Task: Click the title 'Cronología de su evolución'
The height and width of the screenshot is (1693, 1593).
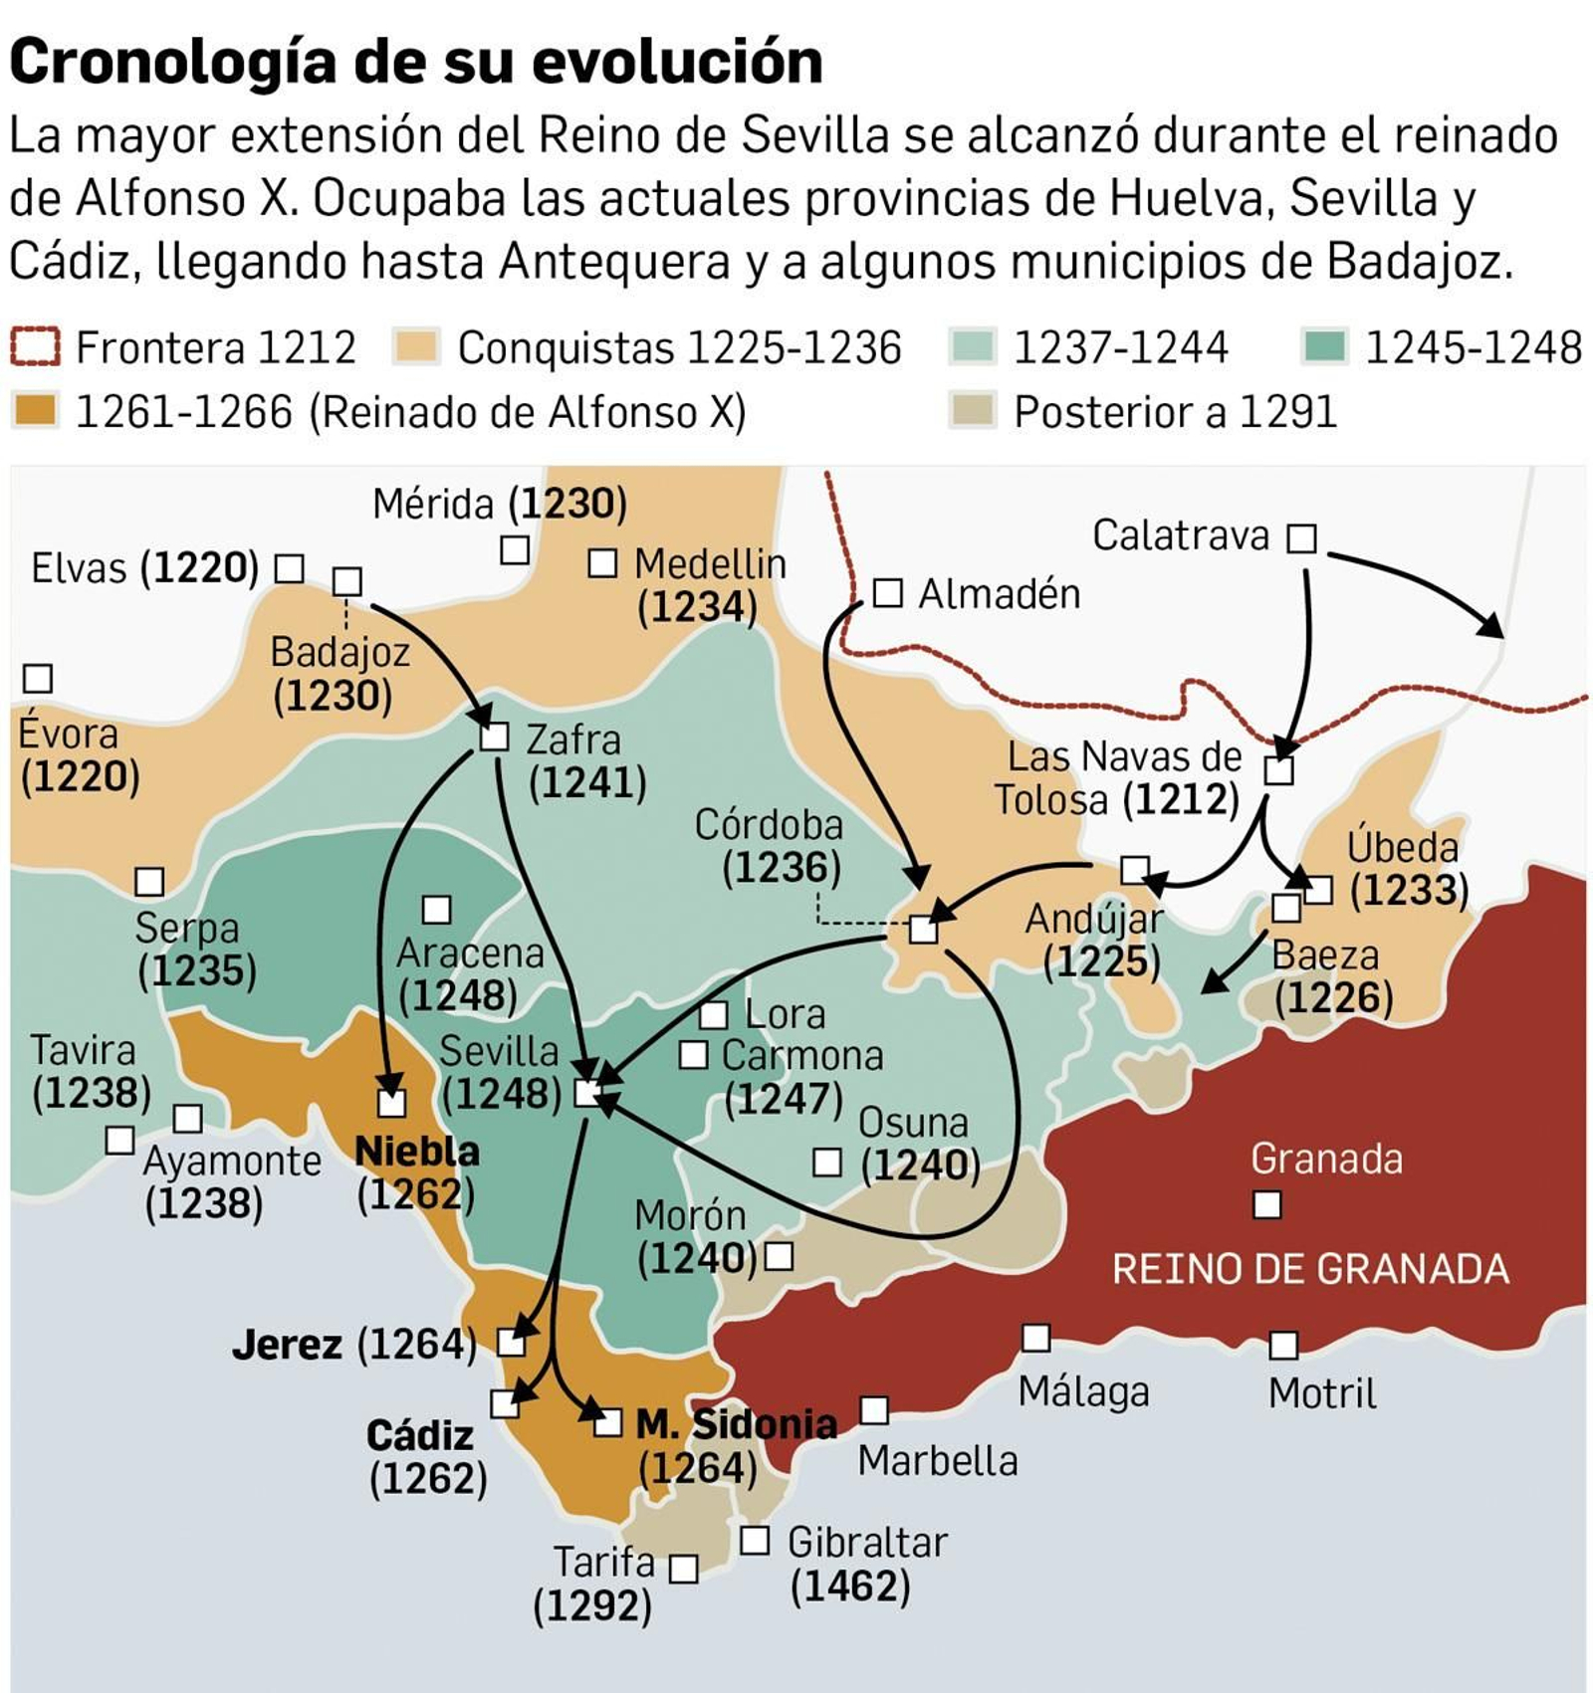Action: (x=416, y=62)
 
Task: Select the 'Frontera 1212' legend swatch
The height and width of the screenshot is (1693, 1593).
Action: (x=35, y=347)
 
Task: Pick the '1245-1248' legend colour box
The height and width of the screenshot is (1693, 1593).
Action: (x=1324, y=347)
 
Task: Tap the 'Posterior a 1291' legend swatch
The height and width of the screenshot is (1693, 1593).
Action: (x=972, y=410)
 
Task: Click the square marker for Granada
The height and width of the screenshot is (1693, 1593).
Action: (x=1266, y=1205)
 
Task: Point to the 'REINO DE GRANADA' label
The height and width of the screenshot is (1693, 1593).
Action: (x=1310, y=1269)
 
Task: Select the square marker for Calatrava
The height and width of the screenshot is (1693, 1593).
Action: (x=1301, y=538)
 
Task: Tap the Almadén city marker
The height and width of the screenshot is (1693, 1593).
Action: (x=887, y=593)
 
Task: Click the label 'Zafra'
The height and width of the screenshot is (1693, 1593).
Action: (x=573, y=740)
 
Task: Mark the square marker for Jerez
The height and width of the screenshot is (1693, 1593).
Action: (x=511, y=1343)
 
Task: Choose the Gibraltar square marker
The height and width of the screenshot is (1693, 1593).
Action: (x=755, y=1541)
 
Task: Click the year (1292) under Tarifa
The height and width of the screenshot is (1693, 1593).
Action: (x=592, y=1605)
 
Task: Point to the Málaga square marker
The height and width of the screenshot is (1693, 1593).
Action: (x=1036, y=1338)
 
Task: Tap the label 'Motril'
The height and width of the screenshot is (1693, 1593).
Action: (x=1322, y=1392)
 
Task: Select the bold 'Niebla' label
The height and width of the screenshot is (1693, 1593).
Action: (x=417, y=1151)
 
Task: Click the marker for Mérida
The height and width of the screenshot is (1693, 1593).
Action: (x=514, y=549)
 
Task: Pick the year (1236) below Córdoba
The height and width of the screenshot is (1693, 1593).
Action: (x=782, y=868)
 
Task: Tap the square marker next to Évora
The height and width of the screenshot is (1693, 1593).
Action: (x=38, y=679)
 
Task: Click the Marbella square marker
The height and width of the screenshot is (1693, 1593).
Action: (x=874, y=1409)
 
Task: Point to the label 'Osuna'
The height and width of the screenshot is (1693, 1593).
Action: (x=913, y=1122)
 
